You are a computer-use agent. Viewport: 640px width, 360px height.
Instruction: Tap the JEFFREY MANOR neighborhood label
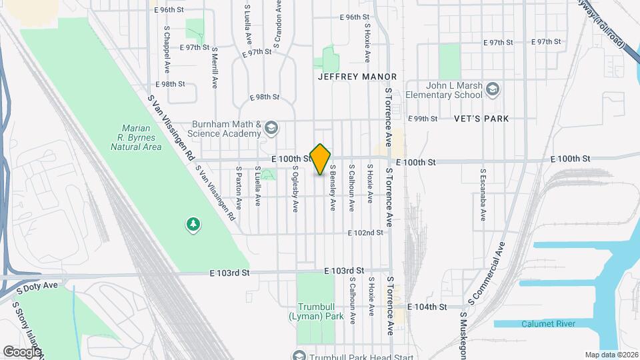coord(357,77)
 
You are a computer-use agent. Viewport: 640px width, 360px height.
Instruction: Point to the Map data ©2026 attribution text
coord(611,355)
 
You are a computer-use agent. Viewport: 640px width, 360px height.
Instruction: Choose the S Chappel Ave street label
coord(167,50)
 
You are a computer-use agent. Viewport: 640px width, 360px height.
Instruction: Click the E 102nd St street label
coord(365,233)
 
